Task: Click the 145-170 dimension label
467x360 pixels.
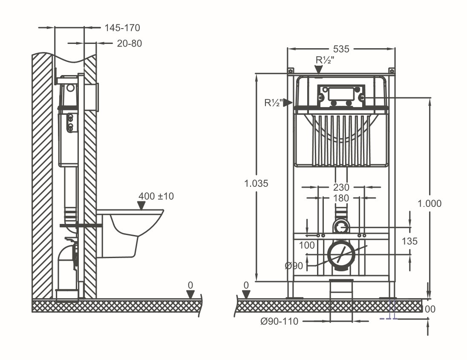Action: point(122,28)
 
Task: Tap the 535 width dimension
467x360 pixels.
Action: point(341,49)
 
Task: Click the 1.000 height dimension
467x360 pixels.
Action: point(430,203)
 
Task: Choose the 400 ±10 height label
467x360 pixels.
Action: point(156,196)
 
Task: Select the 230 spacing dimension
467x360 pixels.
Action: point(341,187)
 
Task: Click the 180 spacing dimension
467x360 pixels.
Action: point(341,198)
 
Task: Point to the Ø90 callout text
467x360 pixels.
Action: point(294,266)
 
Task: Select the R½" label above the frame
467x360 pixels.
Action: point(325,60)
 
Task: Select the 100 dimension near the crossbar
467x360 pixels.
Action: point(307,245)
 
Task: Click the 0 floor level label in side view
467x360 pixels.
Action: point(190,285)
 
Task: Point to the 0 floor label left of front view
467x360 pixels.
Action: point(246,285)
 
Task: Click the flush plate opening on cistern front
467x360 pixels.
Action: point(342,94)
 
